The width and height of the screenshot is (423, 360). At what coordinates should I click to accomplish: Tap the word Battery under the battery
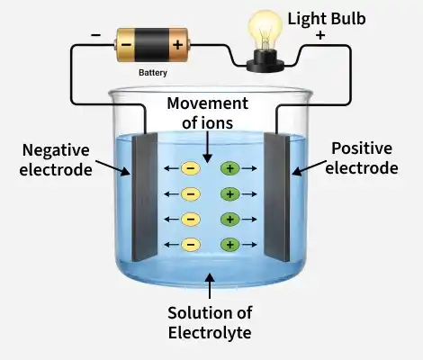coord(153,73)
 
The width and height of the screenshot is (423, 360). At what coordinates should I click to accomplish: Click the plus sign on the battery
coord(177,45)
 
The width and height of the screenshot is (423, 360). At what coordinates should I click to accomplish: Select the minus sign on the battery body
coord(126,45)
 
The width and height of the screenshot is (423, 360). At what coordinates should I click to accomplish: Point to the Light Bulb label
coord(327,19)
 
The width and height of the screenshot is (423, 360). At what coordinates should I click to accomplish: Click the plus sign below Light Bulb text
coord(320,35)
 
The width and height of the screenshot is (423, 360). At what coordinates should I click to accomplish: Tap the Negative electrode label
coord(56,160)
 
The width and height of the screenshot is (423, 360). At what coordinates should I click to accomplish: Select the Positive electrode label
coord(362,158)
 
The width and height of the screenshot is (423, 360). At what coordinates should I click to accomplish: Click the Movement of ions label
coord(208,113)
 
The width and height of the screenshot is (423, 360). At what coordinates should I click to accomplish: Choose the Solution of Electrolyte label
coord(210,323)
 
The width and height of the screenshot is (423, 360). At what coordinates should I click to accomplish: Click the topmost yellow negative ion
coord(191,168)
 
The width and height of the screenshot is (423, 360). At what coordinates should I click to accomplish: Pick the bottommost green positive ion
coord(230,245)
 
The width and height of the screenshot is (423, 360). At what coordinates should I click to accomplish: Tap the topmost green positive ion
coord(230,168)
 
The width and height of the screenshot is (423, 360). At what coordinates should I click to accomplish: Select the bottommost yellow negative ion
coord(191,245)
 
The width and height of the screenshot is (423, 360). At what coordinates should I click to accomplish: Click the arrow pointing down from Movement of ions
coord(207,147)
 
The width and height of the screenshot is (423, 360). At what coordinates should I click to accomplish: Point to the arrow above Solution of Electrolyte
coord(210,285)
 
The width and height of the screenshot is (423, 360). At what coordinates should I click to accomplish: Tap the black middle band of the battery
coord(151,45)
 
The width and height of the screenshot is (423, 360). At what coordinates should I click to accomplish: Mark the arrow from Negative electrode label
coord(112,167)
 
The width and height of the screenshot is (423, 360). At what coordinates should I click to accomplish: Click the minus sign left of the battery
coord(96,35)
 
